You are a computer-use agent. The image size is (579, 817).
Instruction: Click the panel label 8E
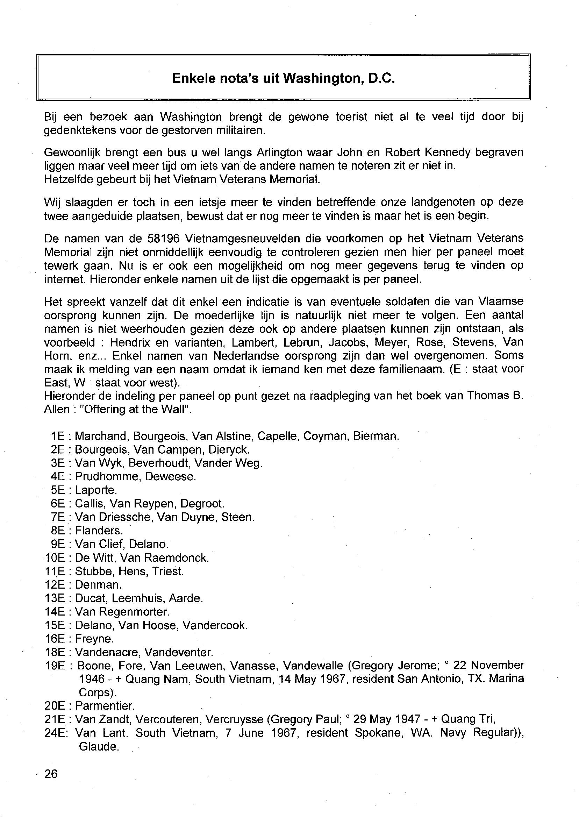coord(58,531)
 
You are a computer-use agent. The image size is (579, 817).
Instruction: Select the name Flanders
coord(99,531)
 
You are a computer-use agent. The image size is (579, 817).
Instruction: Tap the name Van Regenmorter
coord(122,612)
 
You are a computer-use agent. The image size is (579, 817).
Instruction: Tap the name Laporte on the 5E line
coord(96,490)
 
